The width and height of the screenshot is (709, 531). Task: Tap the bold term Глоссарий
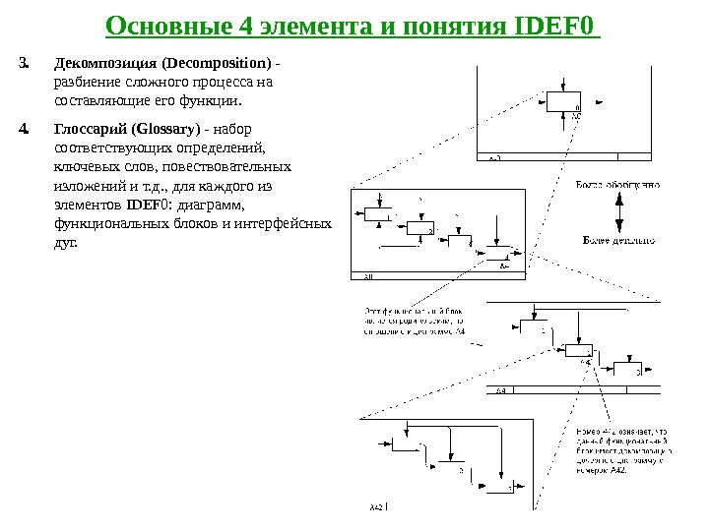tap(95, 129)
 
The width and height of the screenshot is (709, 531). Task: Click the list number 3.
tap(24, 65)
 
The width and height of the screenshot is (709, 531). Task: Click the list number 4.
tap(24, 129)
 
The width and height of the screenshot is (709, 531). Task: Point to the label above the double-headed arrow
tap(617, 184)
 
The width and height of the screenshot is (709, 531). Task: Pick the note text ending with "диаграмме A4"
tap(414, 321)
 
